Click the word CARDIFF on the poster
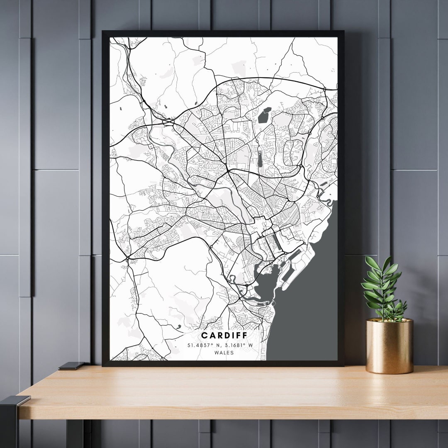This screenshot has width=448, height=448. coord(224,335)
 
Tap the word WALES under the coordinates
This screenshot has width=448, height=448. coord(224,353)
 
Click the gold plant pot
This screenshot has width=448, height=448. coord(390,346)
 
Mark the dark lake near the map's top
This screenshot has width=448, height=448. coord(264,115)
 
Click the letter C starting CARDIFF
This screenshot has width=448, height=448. coord(204,335)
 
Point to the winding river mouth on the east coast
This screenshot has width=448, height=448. coord(326,199)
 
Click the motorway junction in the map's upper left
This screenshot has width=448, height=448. coord(168,122)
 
